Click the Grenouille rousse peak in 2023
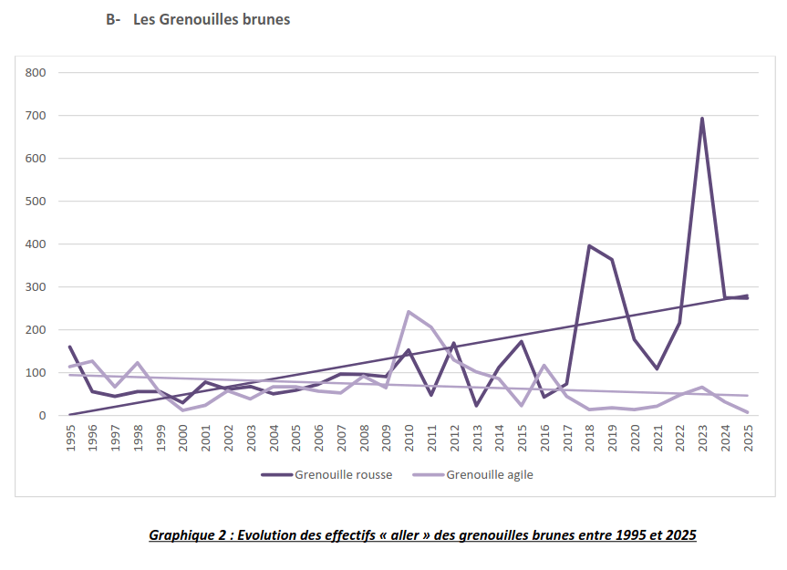click(702, 119)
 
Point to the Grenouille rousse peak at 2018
click(589, 245)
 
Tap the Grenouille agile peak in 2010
click(409, 312)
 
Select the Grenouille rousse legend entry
click(326, 474)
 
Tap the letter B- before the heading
click(114, 19)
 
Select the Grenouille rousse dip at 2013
click(476, 405)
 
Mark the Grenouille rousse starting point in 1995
click(70, 347)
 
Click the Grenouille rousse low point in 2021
click(658, 368)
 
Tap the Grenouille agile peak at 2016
click(544, 366)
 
